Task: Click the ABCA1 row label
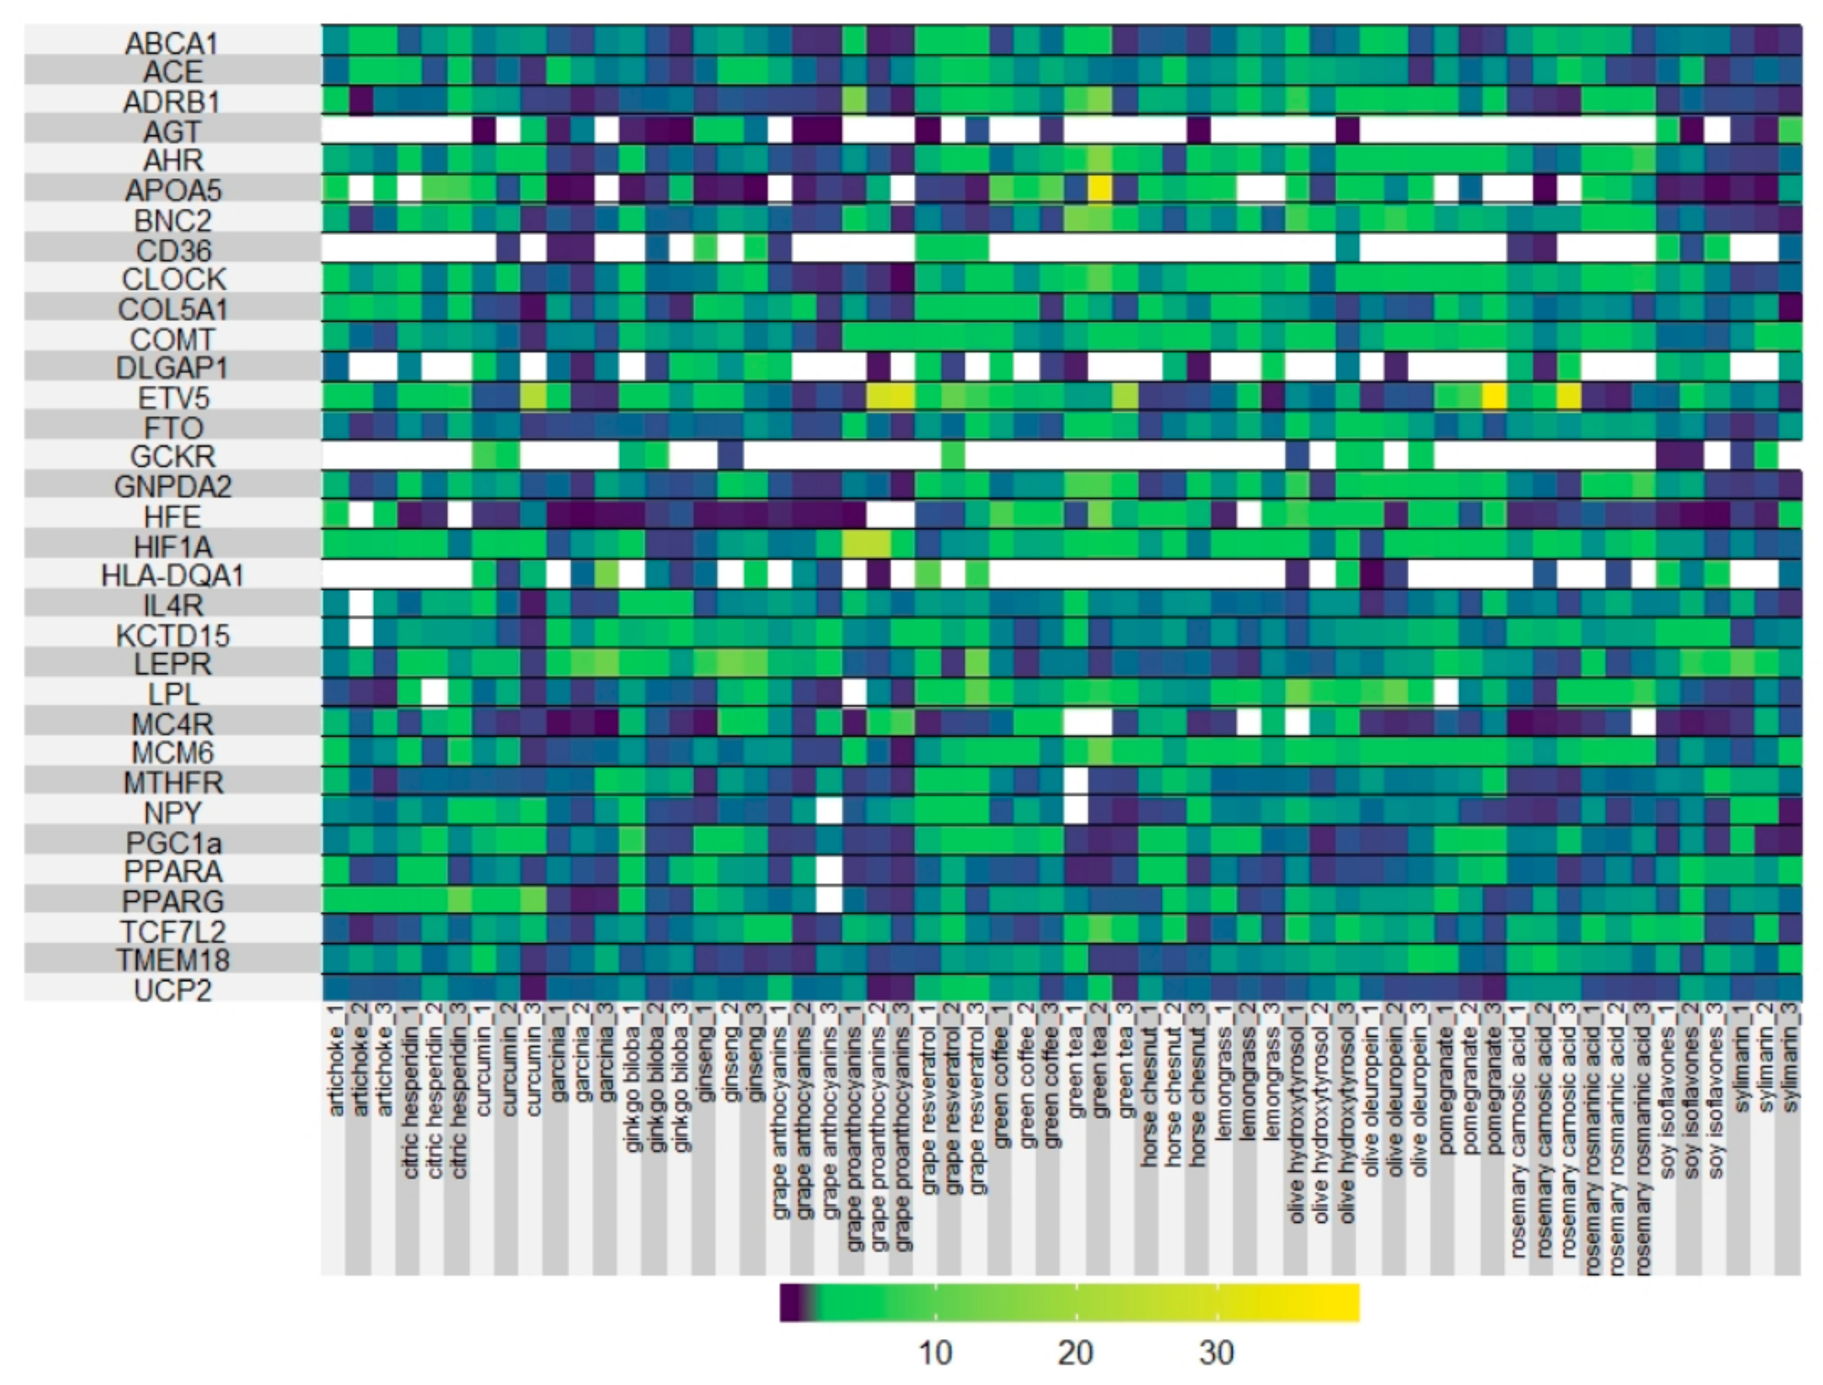[172, 43]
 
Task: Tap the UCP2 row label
[172, 990]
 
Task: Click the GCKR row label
[172, 456]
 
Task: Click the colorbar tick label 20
[1075, 1353]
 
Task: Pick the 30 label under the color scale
[1216, 1353]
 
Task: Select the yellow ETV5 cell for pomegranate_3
[1494, 397]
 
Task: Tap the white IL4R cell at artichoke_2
[360, 604]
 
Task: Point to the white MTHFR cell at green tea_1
[1075, 781]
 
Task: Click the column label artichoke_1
[335, 1072]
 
